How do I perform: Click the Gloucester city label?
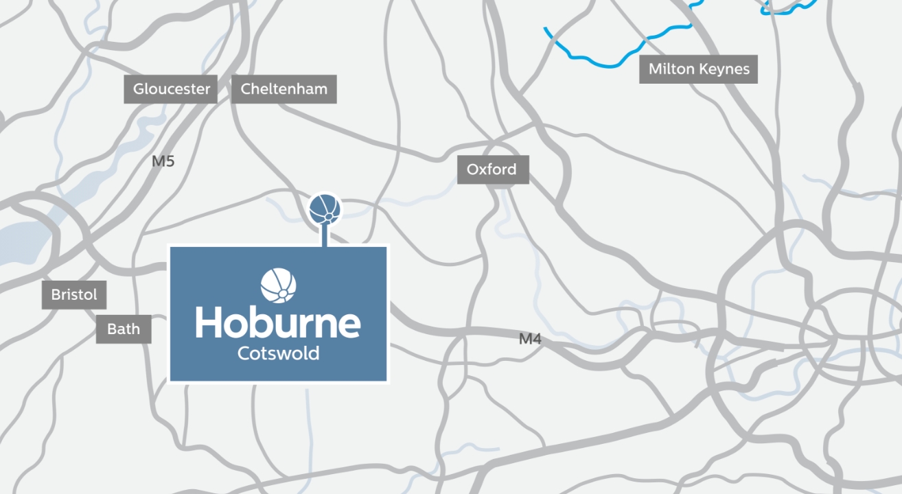171,89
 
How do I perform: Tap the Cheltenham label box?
284,89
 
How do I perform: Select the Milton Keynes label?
698,69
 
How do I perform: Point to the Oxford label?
492,169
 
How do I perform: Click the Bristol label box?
74,295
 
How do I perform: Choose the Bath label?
124,329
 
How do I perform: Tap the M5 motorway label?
163,162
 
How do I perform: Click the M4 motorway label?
530,338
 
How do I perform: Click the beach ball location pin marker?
325,209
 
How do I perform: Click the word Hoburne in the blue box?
278,323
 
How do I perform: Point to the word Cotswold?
278,354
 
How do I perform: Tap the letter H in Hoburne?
209,322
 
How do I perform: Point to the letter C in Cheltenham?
246,89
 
